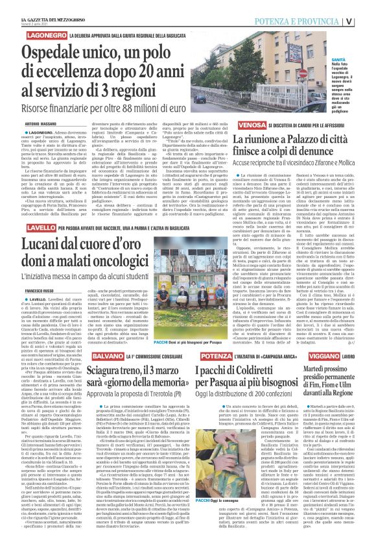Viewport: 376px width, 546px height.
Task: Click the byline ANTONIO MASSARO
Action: [x=42, y=123]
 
